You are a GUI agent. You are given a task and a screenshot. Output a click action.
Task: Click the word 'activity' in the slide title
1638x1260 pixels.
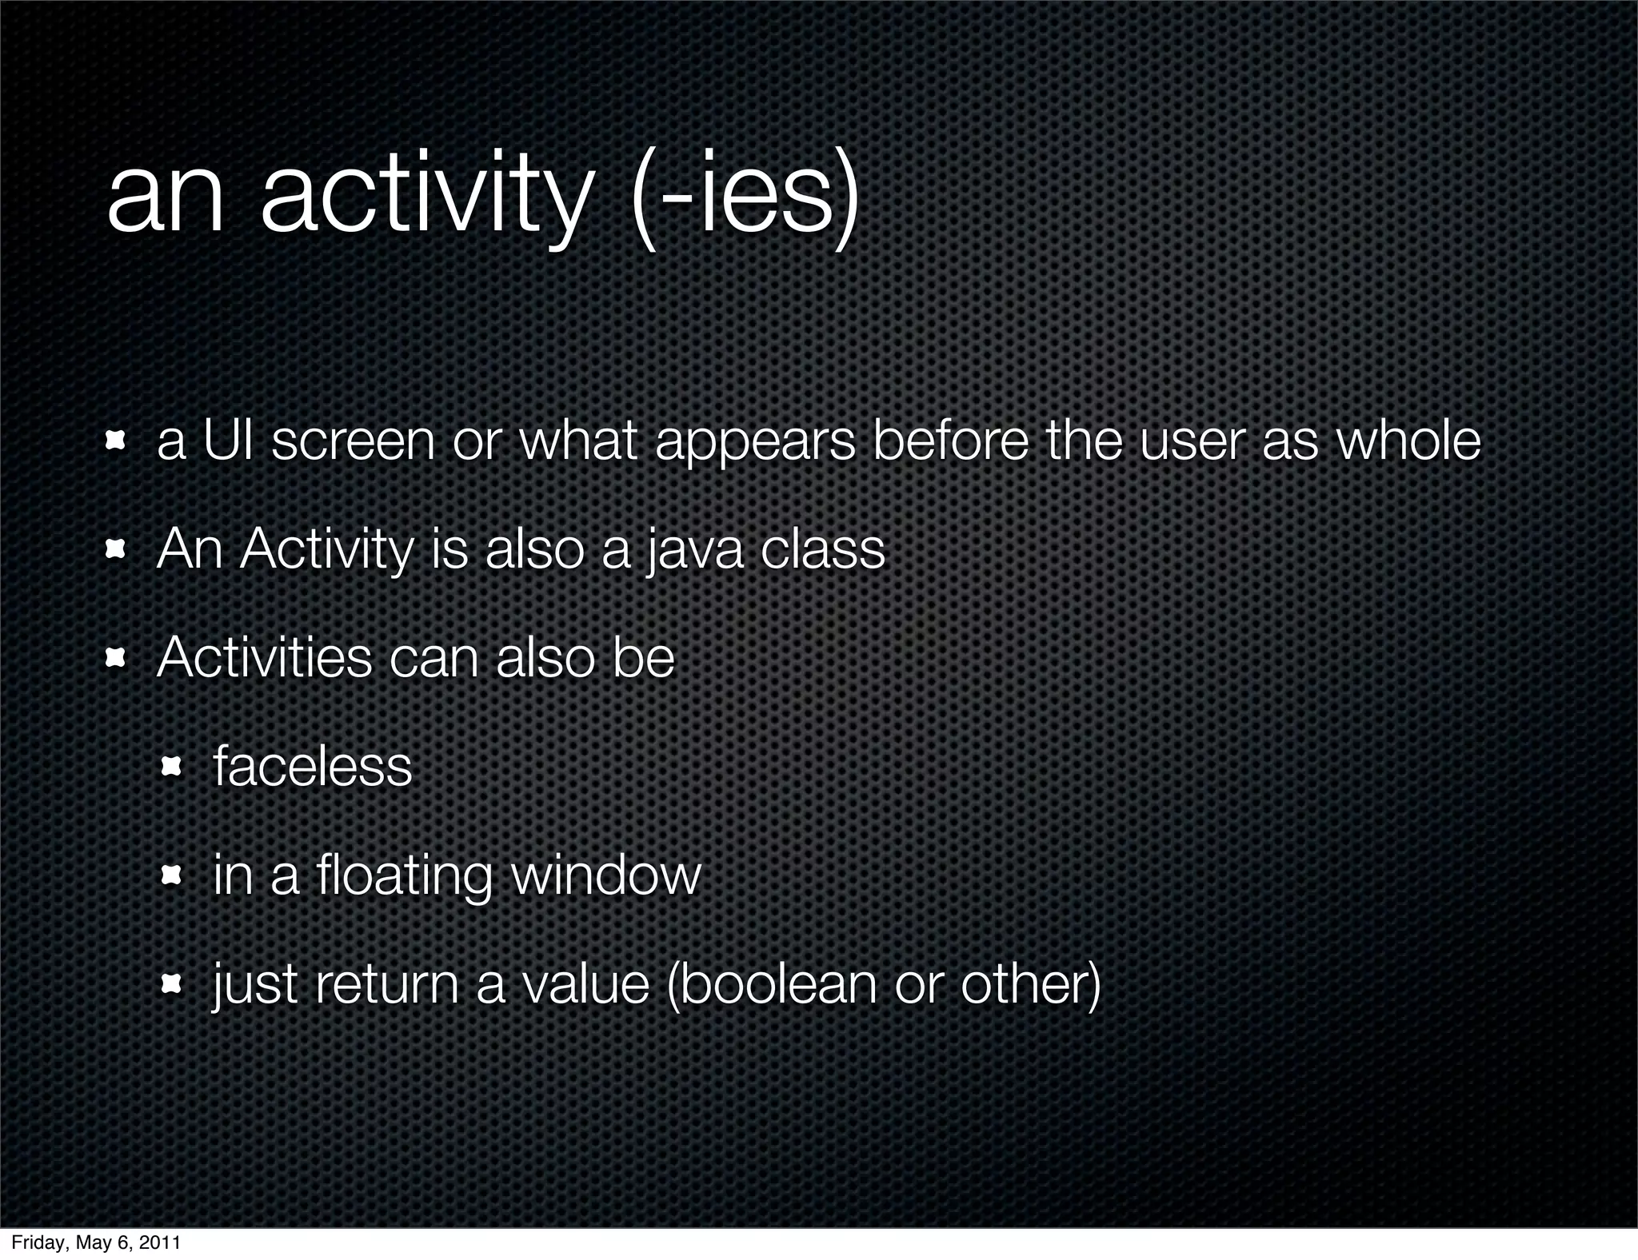[424, 196]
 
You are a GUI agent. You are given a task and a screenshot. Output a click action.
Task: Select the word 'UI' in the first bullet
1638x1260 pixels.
[228, 441]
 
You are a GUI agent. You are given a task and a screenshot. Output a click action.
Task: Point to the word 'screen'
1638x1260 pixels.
[353, 442]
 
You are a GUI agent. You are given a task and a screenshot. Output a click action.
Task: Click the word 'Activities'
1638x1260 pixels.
[265, 658]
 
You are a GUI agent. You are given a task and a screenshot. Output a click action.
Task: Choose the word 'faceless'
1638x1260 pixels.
[312, 767]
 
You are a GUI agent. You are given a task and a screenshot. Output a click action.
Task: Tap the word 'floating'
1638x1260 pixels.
[403, 877]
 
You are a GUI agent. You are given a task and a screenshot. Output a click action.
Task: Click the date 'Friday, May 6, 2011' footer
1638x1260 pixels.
[95, 1243]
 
